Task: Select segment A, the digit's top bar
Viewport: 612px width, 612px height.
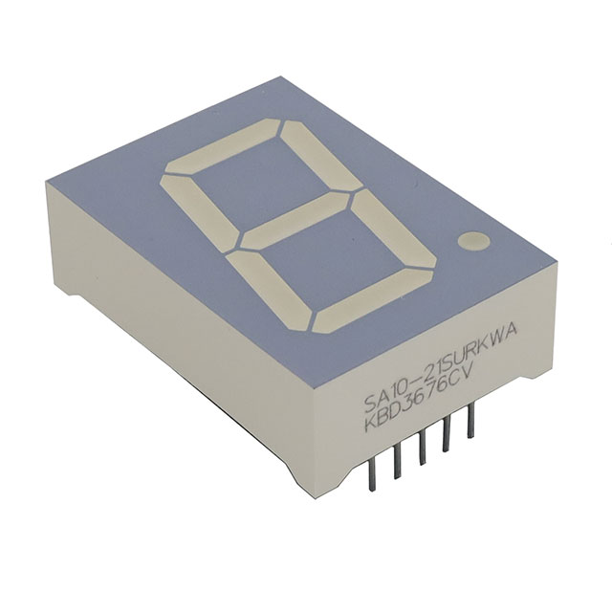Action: pyautogui.click(x=223, y=146)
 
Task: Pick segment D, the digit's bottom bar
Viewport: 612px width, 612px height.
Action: pyautogui.click(x=374, y=301)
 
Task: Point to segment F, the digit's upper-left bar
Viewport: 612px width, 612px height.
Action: pyautogui.click(x=199, y=210)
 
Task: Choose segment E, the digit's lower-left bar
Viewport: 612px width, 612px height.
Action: pyautogui.click(x=271, y=291)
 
